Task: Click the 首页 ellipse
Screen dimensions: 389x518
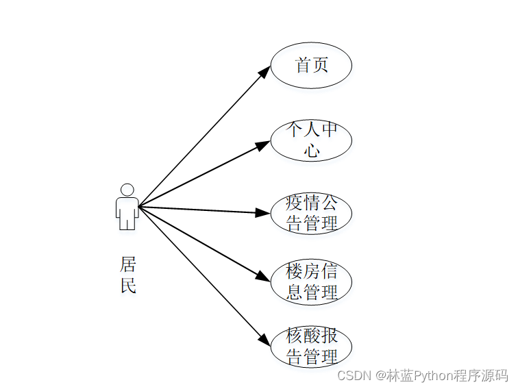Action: tap(311, 66)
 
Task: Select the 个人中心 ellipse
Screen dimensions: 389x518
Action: tap(311, 140)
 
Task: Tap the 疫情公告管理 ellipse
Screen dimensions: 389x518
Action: tap(311, 214)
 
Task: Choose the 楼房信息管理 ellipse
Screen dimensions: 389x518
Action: tap(311, 281)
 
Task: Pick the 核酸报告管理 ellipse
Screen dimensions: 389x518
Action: tap(311, 347)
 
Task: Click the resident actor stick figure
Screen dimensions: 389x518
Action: tap(127, 207)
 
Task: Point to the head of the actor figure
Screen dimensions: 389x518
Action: tap(127, 189)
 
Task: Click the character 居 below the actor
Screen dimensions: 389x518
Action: tap(128, 264)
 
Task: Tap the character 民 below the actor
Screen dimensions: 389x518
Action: tap(128, 286)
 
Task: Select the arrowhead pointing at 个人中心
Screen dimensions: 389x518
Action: tap(263, 145)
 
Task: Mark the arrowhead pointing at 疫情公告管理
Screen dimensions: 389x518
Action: tap(262, 213)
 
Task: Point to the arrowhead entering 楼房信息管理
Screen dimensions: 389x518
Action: tap(264, 277)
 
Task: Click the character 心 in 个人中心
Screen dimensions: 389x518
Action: tap(312, 150)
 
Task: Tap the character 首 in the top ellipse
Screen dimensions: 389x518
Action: tap(303, 66)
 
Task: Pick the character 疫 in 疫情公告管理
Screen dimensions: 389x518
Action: tap(295, 203)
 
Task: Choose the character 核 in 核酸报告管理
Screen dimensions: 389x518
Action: tap(295, 337)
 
